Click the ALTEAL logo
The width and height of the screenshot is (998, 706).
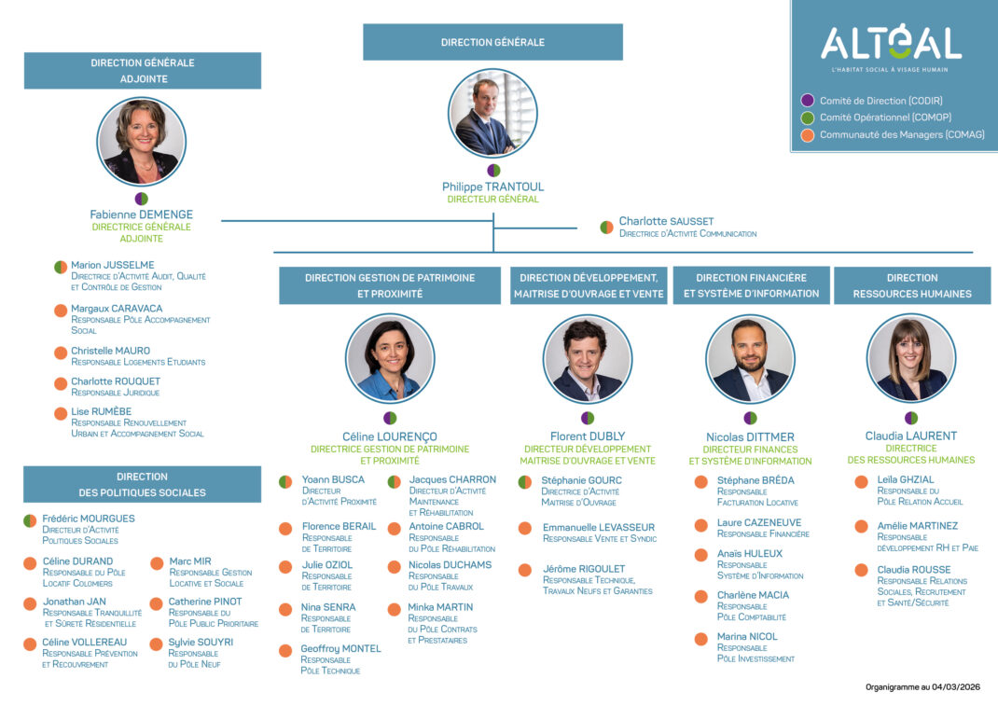(x=891, y=44)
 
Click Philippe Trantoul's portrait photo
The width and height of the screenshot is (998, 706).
(x=493, y=114)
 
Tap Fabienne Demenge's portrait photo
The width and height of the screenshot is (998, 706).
(x=142, y=142)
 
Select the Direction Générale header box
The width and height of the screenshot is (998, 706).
(x=492, y=42)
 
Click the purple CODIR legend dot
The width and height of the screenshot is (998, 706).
(x=808, y=101)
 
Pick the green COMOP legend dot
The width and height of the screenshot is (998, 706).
(x=808, y=118)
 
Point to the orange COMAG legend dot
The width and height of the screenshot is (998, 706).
(x=808, y=135)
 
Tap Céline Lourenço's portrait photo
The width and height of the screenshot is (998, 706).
(x=390, y=359)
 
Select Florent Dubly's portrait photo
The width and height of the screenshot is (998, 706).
(x=588, y=359)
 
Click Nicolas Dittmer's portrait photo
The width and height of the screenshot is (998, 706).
(x=750, y=359)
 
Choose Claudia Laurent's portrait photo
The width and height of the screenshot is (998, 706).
(x=911, y=359)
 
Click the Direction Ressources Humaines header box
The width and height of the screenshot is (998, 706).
(x=912, y=285)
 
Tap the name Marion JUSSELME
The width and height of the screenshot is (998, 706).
(x=113, y=265)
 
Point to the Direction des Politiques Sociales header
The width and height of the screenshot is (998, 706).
(x=142, y=484)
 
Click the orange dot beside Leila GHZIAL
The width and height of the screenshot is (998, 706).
(x=861, y=481)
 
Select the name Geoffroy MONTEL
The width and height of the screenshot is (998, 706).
(x=341, y=648)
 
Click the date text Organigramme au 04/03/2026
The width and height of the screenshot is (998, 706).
(x=923, y=687)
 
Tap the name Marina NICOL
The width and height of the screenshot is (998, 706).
(x=747, y=636)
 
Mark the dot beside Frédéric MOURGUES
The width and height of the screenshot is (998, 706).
(x=30, y=520)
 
